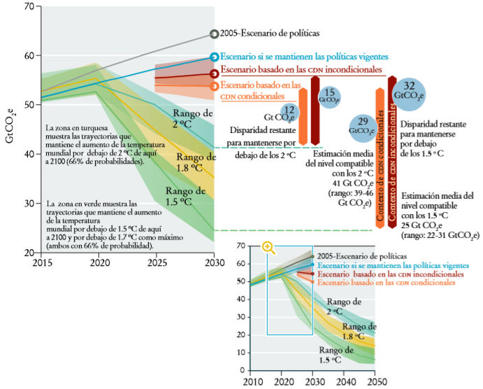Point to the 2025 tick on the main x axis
[x=157, y=262]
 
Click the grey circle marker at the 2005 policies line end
[x=214, y=34]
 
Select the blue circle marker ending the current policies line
[x=214, y=57]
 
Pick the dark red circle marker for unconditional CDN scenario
[x=214, y=73]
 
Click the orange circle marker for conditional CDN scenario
[x=214, y=86]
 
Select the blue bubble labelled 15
[x=330, y=97]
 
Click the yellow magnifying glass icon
[x=268, y=248]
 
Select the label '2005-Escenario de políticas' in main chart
[x=269, y=33]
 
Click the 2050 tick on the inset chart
[x=375, y=382]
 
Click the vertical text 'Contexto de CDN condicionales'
[x=380, y=157]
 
